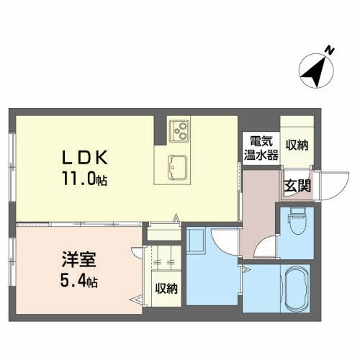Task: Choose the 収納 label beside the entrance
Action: point(296,144)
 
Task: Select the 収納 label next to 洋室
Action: point(166,289)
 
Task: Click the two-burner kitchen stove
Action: point(179,131)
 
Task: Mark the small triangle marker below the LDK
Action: point(176,217)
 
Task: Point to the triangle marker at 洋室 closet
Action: point(134,297)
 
